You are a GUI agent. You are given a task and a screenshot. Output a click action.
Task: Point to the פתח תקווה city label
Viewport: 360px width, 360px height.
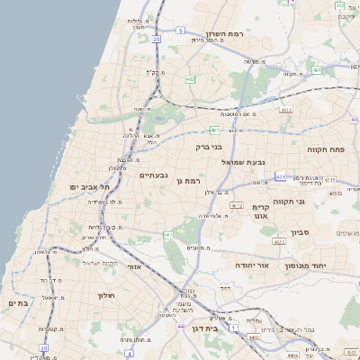coord(338,149)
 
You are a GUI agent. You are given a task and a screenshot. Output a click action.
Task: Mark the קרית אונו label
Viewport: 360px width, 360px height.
coord(274,211)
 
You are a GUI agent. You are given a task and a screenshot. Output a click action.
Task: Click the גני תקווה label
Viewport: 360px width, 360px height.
coord(314,202)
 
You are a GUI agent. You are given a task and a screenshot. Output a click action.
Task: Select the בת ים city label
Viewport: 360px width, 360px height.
coord(18,303)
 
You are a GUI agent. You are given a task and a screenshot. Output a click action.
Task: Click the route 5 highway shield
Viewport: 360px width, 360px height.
coord(180,31)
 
